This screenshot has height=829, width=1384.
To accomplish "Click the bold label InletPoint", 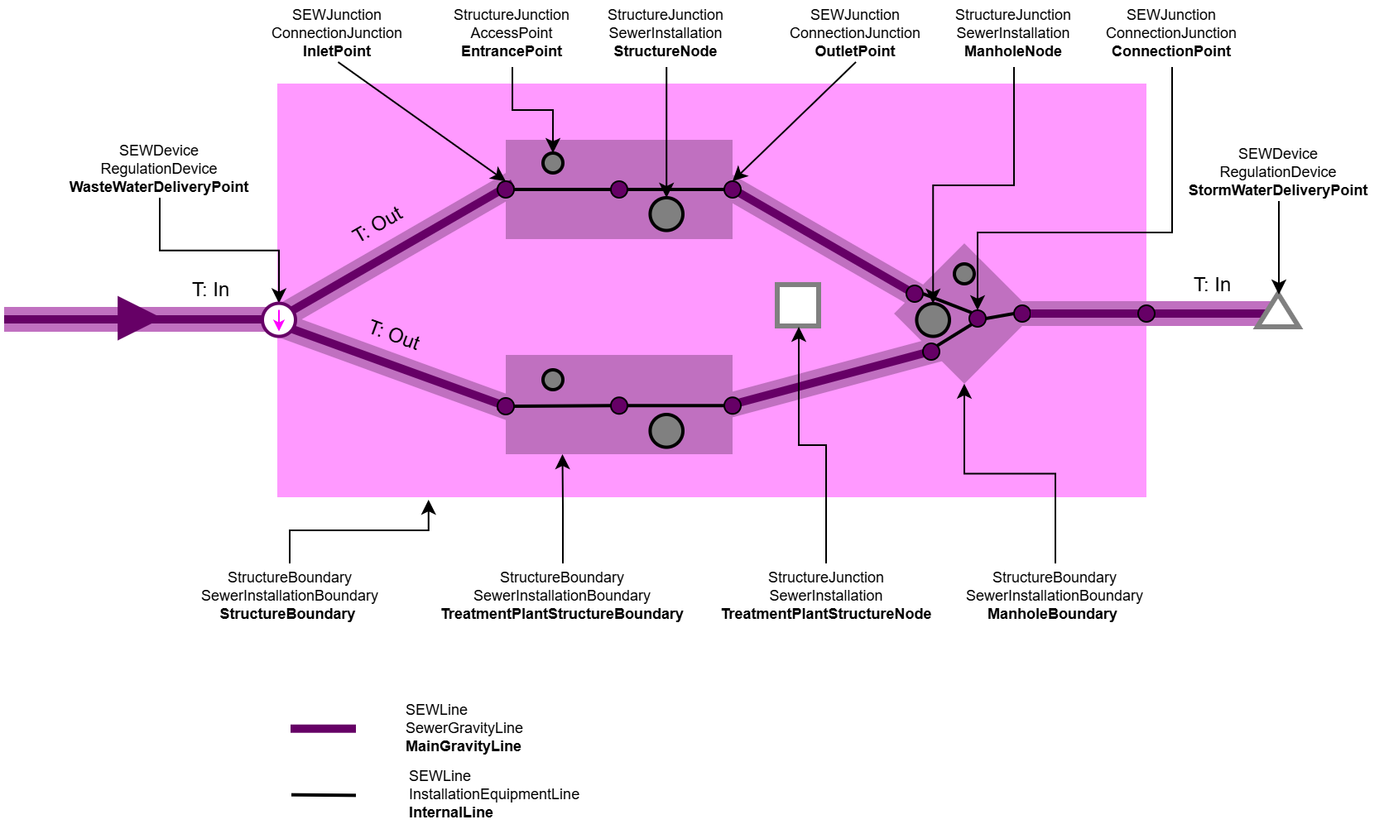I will [337, 51].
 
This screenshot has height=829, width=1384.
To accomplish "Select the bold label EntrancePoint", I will [512, 51].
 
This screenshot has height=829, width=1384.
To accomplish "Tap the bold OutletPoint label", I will [855, 51].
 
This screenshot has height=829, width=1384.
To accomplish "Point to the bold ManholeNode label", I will [1013, 51].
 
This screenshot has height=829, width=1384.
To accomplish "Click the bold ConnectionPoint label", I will [1171, 51].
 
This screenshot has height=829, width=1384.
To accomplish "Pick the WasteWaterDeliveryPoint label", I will [159, 187].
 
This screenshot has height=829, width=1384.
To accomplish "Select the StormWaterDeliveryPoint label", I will [1278, 190].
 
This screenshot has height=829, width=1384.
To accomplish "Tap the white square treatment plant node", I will [798, 305].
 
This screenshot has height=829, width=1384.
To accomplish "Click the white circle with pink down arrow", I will [279, 320].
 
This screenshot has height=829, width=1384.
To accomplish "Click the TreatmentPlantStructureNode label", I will [826, 614].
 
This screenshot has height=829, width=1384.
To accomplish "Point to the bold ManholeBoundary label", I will [1052, 614].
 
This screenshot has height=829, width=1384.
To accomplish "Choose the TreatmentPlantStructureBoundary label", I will [562, 614].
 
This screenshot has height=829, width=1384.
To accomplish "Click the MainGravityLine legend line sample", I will [323, 729].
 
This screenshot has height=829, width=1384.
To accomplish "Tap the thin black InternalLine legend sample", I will [323, 795].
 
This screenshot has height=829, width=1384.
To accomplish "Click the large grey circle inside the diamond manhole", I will [933, 320].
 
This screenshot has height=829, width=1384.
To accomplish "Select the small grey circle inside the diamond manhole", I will [964, 274].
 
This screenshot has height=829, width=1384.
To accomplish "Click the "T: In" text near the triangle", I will [1212, 285].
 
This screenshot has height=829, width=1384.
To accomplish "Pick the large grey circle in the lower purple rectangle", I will [666, 431].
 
